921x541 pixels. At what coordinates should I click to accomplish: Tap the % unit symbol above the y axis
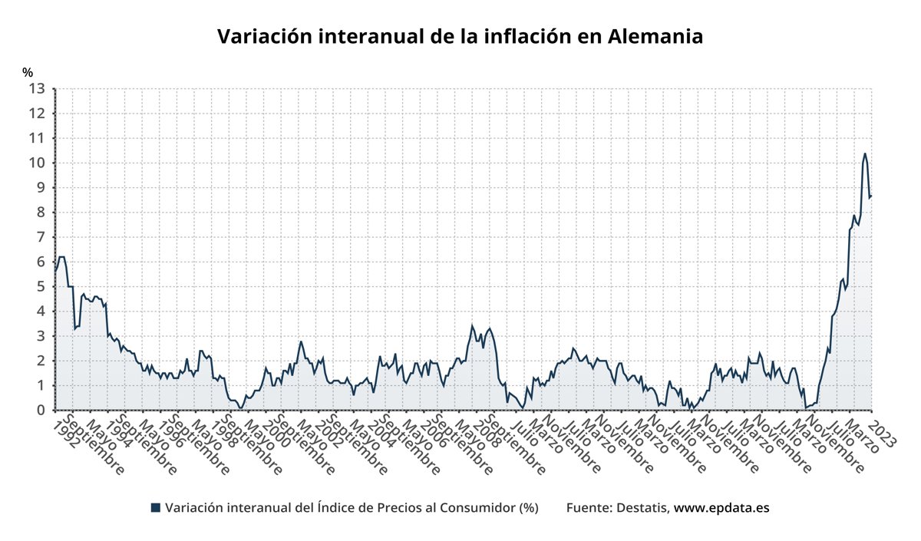[28, 73]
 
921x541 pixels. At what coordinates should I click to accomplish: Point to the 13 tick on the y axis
[37, 88]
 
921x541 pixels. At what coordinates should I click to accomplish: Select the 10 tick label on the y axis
[37, 163]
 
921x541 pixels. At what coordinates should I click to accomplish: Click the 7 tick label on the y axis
[41, 237]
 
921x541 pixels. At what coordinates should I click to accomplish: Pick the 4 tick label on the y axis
[41, 312]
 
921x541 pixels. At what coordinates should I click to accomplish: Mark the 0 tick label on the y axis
[41, 411]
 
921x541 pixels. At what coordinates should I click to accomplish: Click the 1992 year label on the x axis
[69, 435]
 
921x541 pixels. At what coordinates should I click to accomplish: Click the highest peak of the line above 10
[865, 153]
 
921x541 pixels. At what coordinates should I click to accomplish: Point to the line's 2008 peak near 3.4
[472, 325]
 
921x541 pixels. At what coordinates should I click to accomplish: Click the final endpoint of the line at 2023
[871, 196]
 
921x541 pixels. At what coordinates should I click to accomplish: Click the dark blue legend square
[156, 507]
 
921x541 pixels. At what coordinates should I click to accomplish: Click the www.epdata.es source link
[721, 507]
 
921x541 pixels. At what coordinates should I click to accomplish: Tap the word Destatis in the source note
[642, 507]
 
